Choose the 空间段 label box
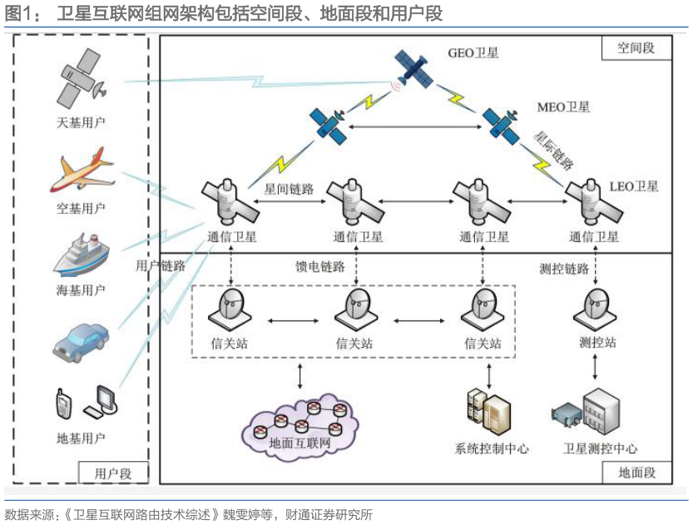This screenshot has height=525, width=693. [636, 47]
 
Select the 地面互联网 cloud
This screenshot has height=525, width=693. [300, 428]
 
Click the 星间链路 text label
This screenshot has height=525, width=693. [289, 189]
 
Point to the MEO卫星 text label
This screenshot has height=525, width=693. [564, 106]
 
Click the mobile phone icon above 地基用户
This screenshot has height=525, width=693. [63, 404]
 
